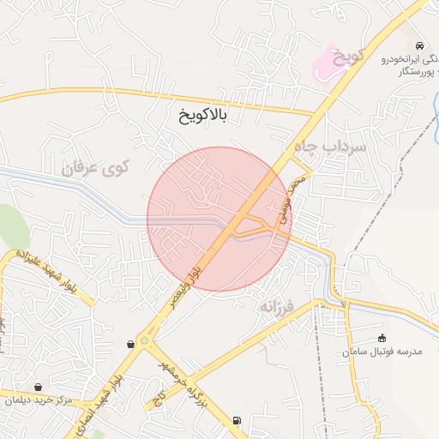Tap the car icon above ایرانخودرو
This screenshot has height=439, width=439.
click(418, 45)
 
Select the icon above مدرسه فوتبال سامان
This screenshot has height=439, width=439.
click(382, 338)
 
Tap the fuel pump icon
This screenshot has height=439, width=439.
click(237, 420)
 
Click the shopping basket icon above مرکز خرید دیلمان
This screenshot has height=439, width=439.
click(38, 386)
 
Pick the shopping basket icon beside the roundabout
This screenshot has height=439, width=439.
click(130, 344)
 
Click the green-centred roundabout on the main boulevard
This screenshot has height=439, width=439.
click(143, 341)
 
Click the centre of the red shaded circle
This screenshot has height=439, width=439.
click(219, 219)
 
